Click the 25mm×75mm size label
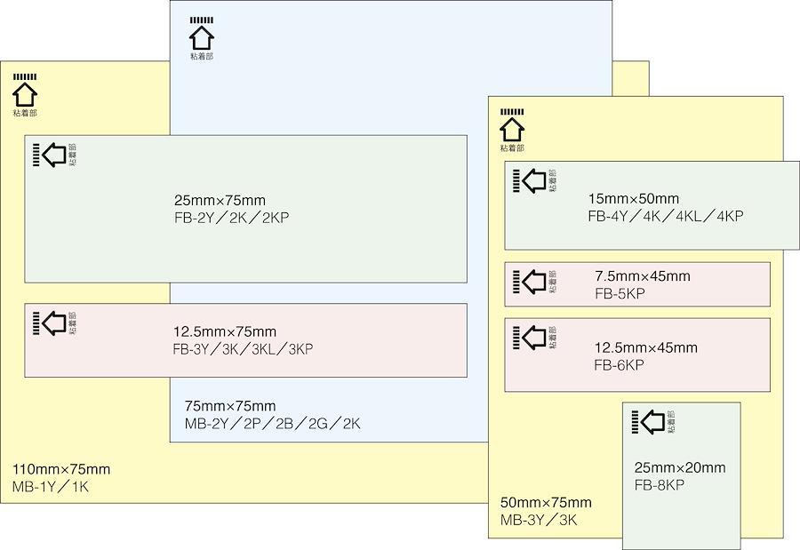(220, 200)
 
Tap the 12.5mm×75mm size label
(225, 332)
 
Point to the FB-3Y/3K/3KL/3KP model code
(243, 349)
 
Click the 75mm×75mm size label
(229, 406)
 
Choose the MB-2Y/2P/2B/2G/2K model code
(272, 424)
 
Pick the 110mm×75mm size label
(61, 469)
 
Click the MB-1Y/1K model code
(51, 487)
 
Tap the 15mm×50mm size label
(633, 198)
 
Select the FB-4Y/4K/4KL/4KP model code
(665, 216)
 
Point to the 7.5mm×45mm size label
(642, 276)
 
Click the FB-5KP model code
(620, 293)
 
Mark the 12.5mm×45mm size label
(645, 347)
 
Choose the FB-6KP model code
(619, 365)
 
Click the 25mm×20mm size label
(679, 467)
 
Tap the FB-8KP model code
(660, 485)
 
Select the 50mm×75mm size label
(546, 503)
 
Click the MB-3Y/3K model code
(539, 521)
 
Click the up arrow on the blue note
(202, 37)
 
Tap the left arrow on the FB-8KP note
(653, 421)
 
